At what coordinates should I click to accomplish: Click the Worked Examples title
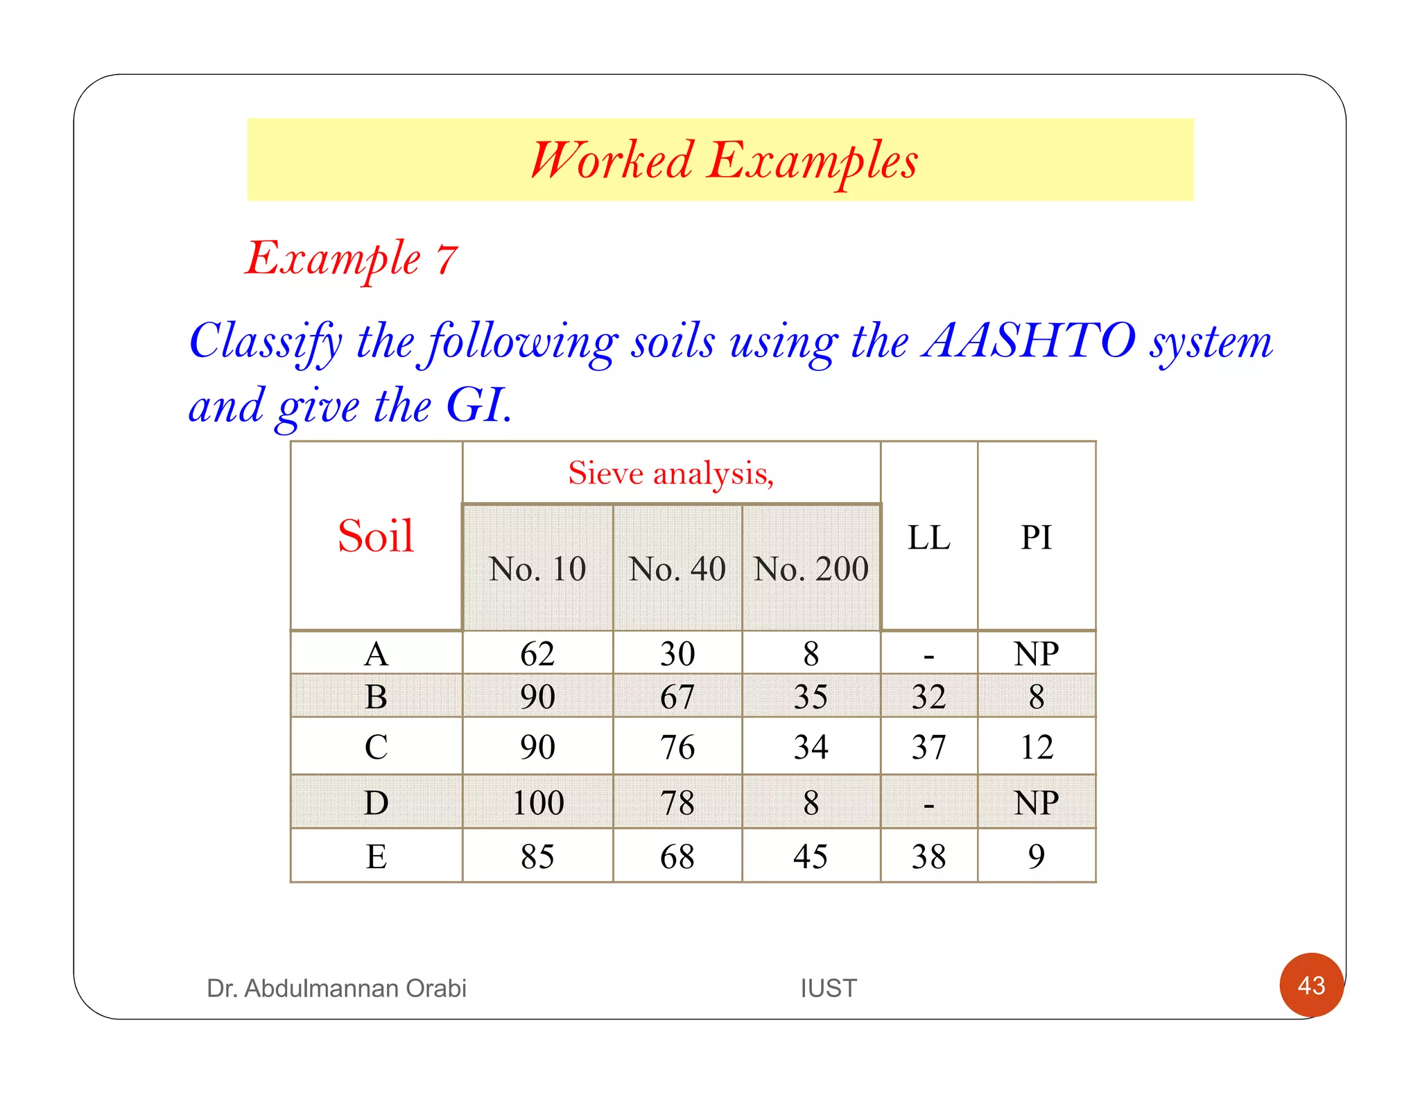click(723, 160)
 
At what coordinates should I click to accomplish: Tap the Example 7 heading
click(352, 259)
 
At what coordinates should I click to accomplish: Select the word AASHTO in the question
click(1028, 341)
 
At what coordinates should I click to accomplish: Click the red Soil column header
click(376, 536)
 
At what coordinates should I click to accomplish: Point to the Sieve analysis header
click(670, 473)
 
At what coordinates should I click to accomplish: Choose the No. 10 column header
click(537, 569)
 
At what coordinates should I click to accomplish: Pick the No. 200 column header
click(811, 569)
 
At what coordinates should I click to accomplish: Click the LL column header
click(928, 537)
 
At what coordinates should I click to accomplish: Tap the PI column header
click(1036, 537)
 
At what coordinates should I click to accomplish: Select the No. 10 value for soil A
click(537, 653)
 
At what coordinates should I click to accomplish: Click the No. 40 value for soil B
click(677, 696)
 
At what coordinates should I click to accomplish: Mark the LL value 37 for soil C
click(928, 747)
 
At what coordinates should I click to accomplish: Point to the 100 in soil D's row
click(538, 803)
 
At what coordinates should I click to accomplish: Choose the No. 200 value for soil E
click(811, 856)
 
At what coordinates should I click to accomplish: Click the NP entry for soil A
click(1036, 653)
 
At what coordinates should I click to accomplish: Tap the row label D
click(376, 803)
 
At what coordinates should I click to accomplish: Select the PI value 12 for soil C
click(1036, 747)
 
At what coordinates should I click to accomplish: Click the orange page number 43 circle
click(1311, 985)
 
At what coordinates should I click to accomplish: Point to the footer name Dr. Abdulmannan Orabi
click(336, 988)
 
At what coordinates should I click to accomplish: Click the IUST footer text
click(829, 988)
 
